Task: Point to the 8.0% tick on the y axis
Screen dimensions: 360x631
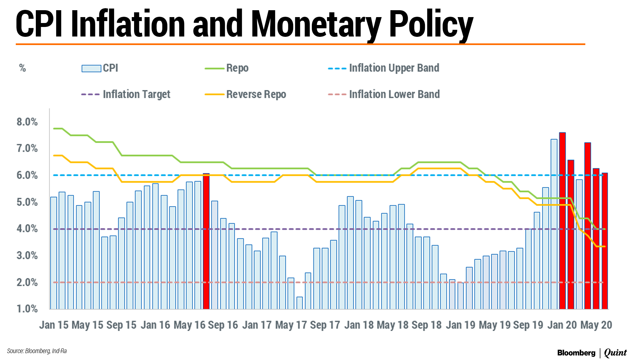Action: [x=27, y=122]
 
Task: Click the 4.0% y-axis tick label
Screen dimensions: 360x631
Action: [x=27, y=228]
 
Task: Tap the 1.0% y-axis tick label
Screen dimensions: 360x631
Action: [x=27, y=309]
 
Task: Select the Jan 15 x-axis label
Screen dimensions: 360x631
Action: [x=54, y=325]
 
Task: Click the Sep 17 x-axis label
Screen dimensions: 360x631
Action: [x=325, y=325]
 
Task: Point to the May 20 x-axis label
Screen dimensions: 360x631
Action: [x=596, y=325]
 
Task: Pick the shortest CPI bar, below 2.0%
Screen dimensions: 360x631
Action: [x=299, y=303]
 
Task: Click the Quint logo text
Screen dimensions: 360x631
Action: [x=615, y=353]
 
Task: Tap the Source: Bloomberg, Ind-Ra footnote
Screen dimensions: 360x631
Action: [x=37, y=351]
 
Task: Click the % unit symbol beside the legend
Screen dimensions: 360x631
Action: [x=22, y=68]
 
